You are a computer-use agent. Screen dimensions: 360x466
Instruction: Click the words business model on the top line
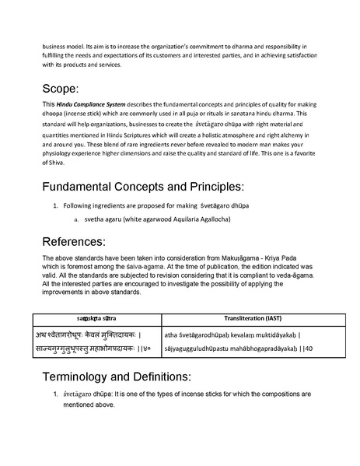click(64, 45)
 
